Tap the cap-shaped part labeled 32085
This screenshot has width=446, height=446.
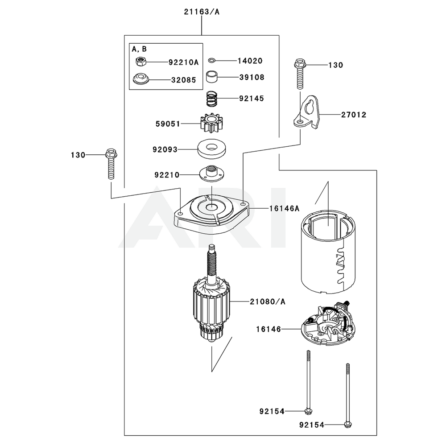[140, 79]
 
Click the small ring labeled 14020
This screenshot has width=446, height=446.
[213, 61]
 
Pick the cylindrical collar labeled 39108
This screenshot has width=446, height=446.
[213, 77]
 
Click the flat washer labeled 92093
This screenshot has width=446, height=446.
[212, 149]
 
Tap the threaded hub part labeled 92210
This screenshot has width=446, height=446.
[211, 174]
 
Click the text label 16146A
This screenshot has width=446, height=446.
[284, 208]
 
